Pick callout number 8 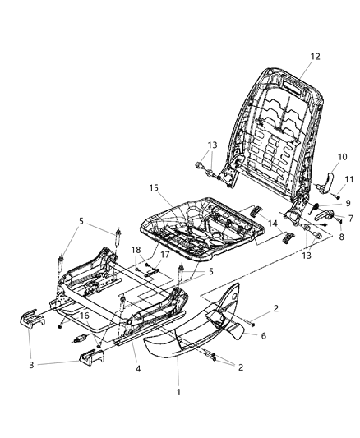point(340,237)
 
